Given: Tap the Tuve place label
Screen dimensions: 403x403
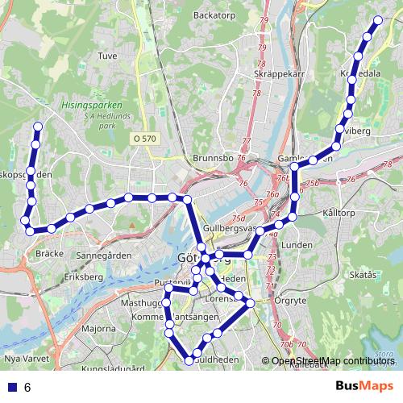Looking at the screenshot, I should click(x=107, y=56).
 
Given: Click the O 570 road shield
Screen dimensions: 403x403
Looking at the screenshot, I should click(x=145, y=139).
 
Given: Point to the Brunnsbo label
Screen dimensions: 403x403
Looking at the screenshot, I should click(x=214, y=159).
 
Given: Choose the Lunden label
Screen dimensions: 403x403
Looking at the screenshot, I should click(x=297, y=245).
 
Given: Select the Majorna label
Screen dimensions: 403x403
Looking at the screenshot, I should click(x=99, y=329).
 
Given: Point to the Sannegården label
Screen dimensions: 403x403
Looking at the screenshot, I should click(x=104, y=256).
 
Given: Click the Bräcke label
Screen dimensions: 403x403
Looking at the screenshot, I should click(x=50, y=253).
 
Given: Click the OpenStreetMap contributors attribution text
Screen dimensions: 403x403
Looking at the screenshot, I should click(x=333, y=361).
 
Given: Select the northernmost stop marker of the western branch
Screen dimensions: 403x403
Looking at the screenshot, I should click(x=38, y=126).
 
